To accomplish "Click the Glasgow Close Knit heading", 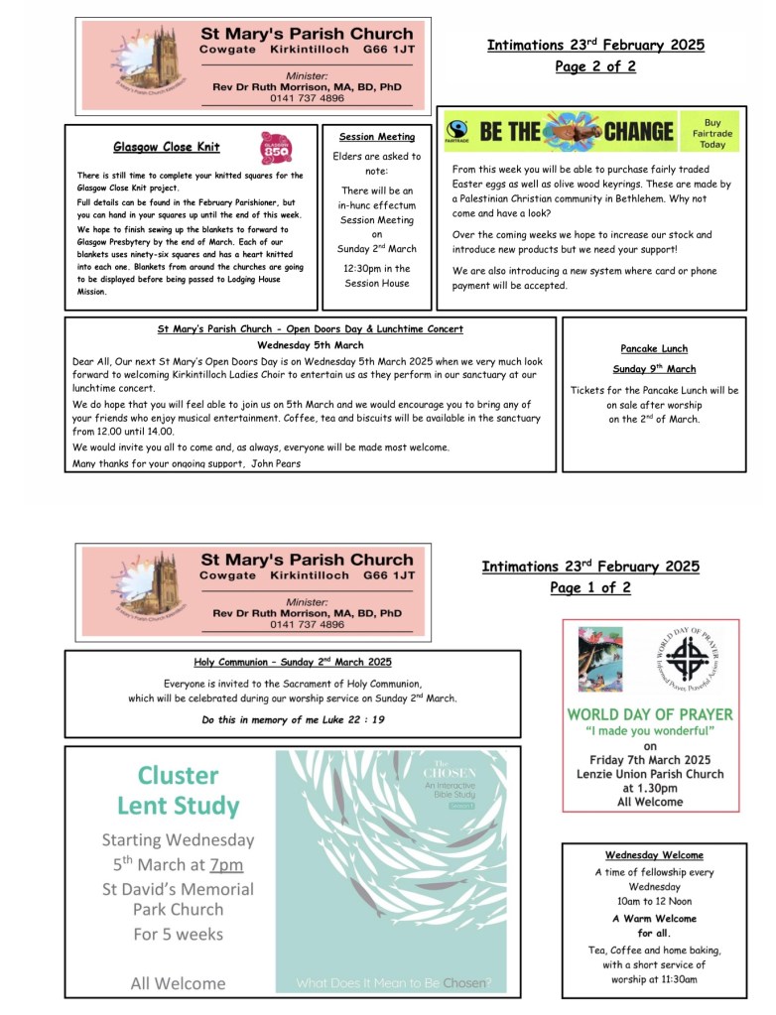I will tap(167, 147).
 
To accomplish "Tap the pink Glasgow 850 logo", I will tap(277, 148).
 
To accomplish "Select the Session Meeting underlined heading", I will tap(377, 137).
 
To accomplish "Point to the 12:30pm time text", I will tap(377, 268).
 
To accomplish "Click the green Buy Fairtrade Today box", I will tap(712, 133).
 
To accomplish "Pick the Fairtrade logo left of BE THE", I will tap(457, 132).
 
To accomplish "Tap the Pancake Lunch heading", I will tap(654, 348).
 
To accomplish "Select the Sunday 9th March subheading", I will tap(654, 369).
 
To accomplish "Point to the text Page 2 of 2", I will tap(595, 66).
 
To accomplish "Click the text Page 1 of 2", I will tap(590, 587).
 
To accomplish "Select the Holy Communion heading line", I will tap(293, 662).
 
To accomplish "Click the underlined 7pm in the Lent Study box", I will tap(226, 864).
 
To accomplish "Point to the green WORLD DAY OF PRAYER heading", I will tap(650, 714).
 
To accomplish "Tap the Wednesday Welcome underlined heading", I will tap(654, 855).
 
